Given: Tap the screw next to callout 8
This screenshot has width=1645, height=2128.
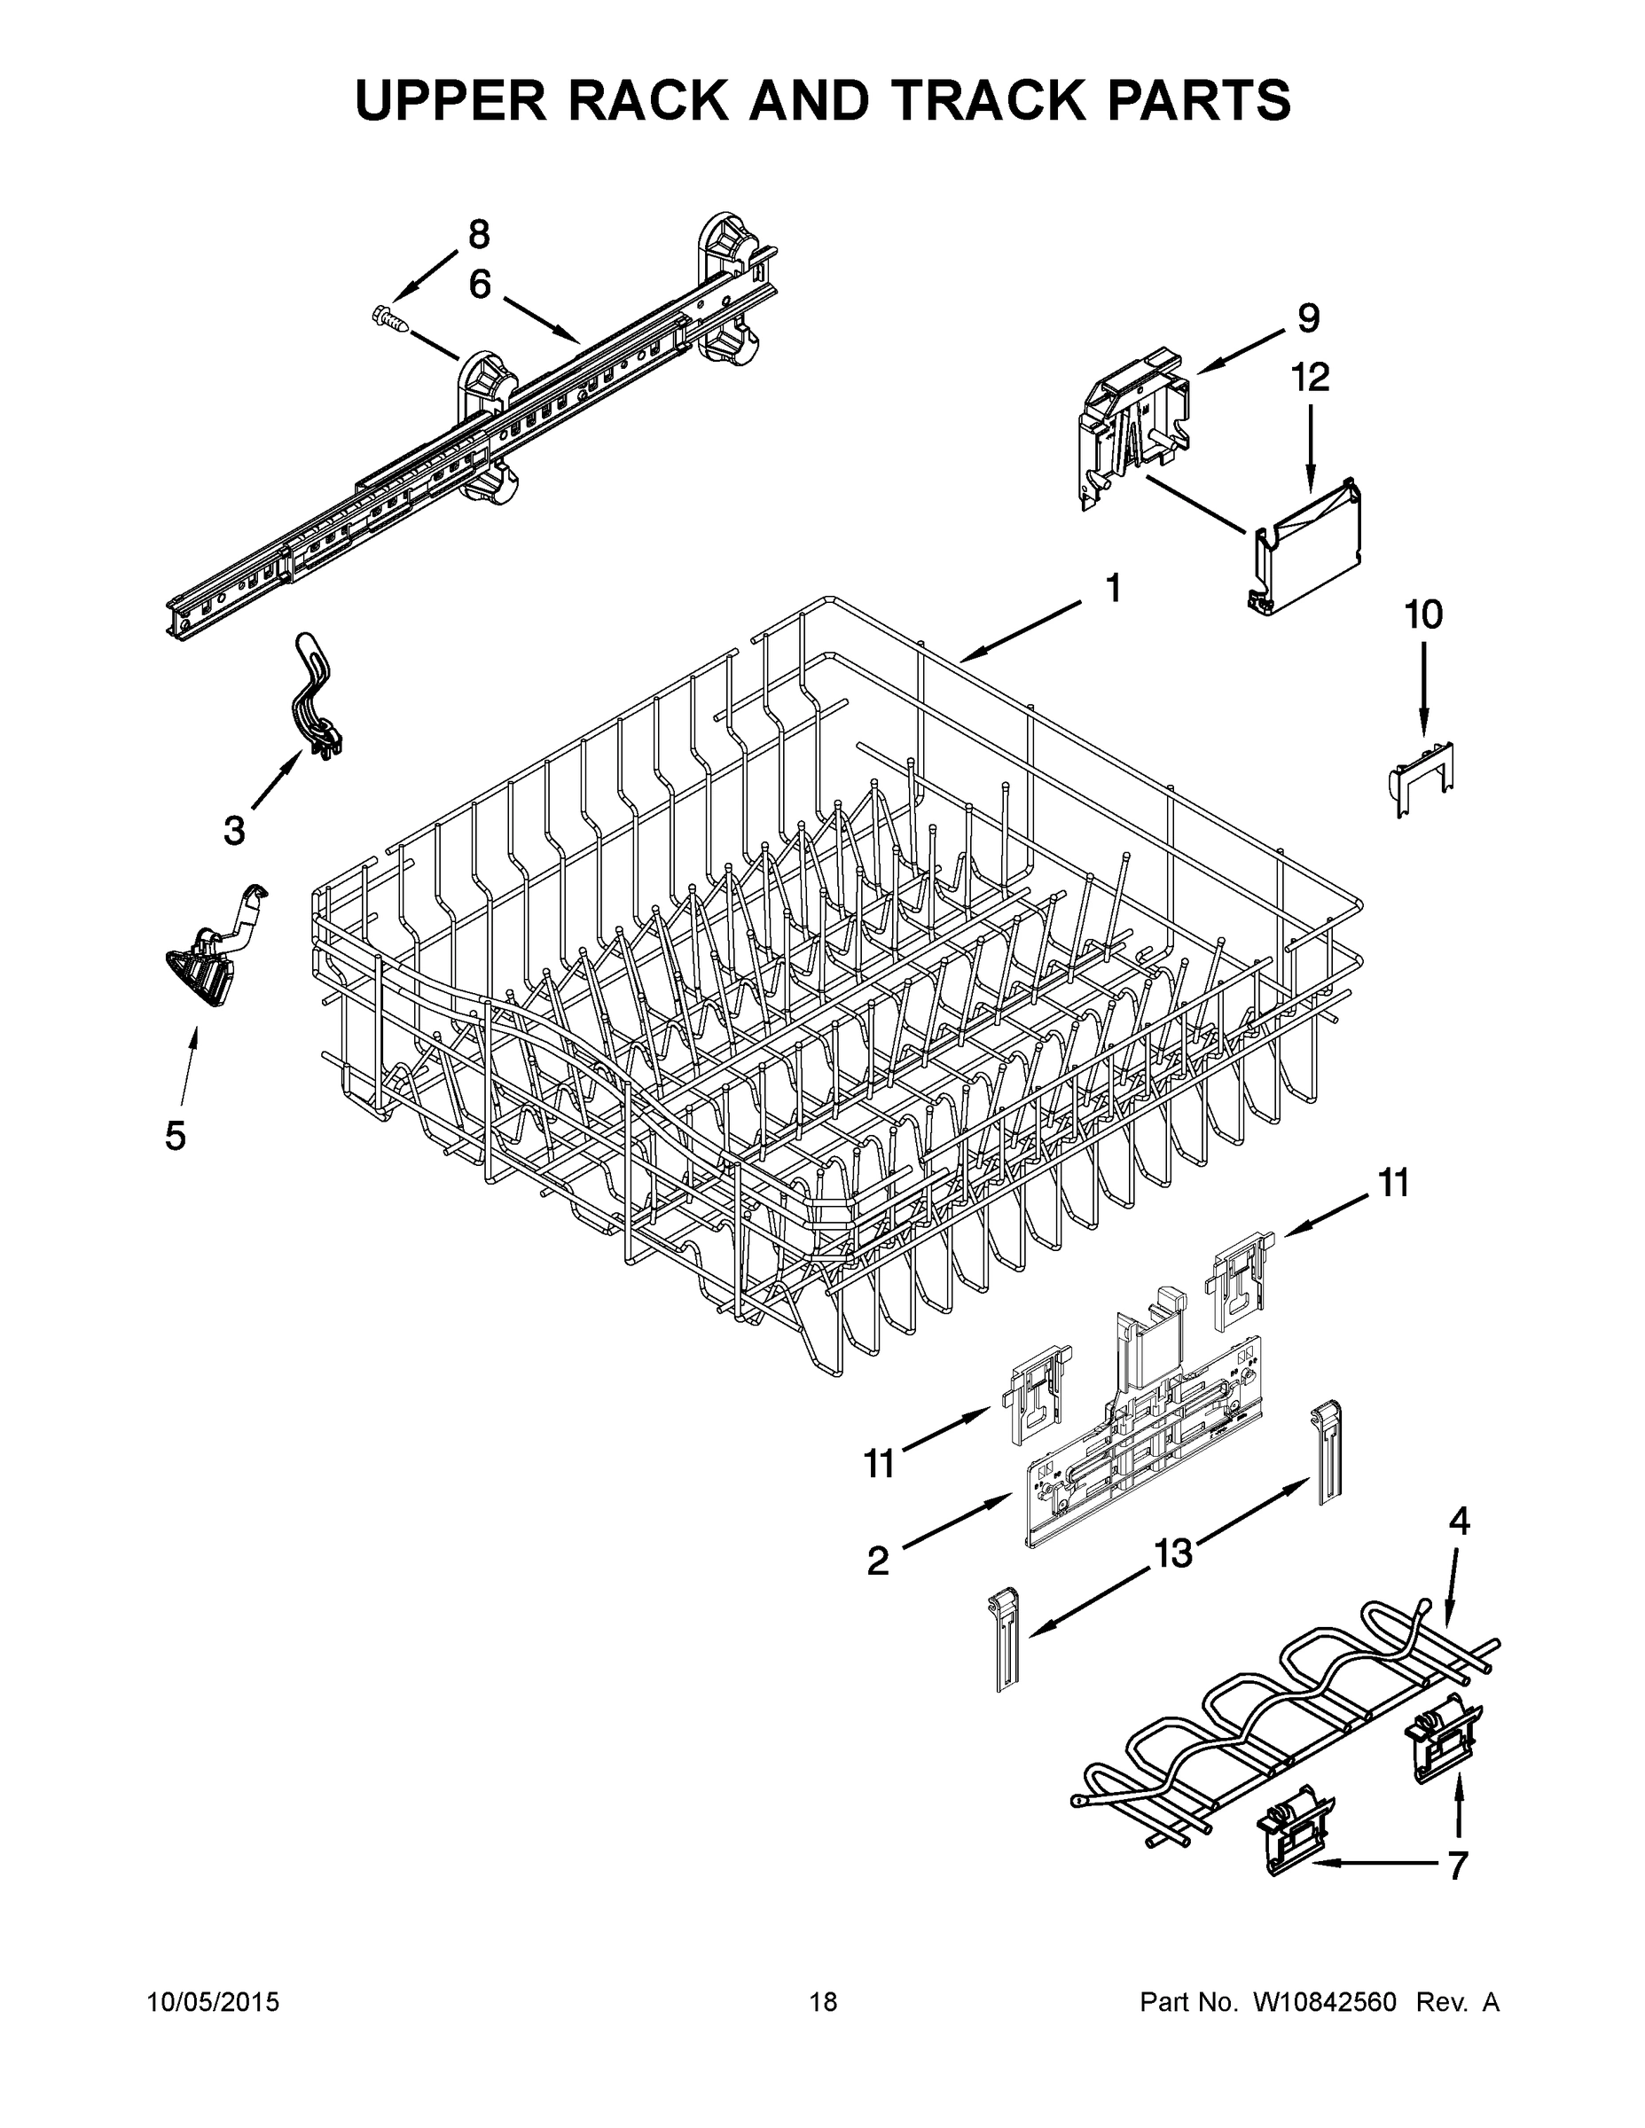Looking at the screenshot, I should click(x=391, y=317).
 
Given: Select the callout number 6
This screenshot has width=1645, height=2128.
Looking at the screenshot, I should click(x=480, y=285).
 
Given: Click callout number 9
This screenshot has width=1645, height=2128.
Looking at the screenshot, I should click(x=1308, y=317).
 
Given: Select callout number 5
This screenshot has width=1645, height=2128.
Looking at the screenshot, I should click(x=176, y=1136).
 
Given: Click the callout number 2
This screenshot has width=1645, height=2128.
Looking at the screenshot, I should click(x=878, y=1561).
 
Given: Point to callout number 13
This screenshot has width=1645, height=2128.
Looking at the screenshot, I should click(x=1173, y=1553).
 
